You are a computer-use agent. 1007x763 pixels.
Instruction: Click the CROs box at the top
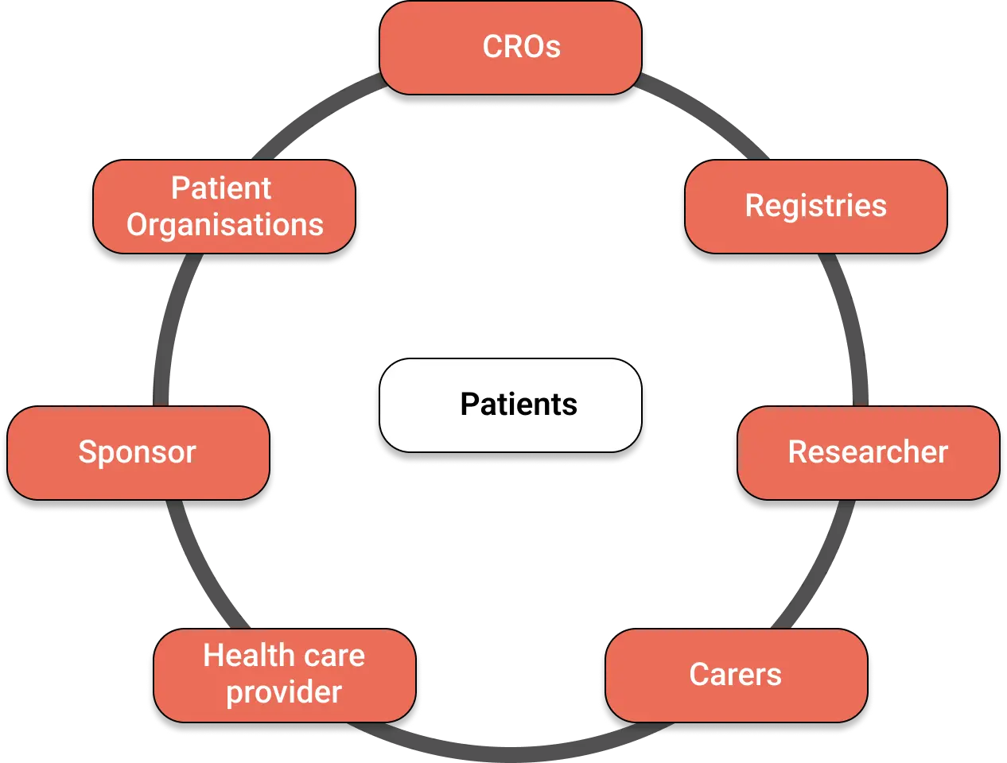(511, 48)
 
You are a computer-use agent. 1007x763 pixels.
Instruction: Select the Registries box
(815, 207)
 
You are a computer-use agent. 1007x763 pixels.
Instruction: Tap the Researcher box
(868, 453)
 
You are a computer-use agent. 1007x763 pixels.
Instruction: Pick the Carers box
(736, 676)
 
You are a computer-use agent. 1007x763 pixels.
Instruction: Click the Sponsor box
(138, 453)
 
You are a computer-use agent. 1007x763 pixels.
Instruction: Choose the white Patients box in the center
(511, 405)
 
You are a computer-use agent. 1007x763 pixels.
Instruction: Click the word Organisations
(225, 226)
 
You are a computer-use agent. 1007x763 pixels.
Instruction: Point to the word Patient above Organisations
(221, 189)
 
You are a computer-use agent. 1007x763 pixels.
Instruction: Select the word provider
(284, 693)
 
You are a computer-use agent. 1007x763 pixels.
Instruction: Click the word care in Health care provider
(334, 656)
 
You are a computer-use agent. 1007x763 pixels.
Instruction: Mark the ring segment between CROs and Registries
(708, 115)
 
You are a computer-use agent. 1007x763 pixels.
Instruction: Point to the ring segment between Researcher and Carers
(819, 564)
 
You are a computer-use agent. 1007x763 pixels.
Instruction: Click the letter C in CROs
(492, 48)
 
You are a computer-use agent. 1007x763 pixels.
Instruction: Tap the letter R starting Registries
(754, 207)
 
